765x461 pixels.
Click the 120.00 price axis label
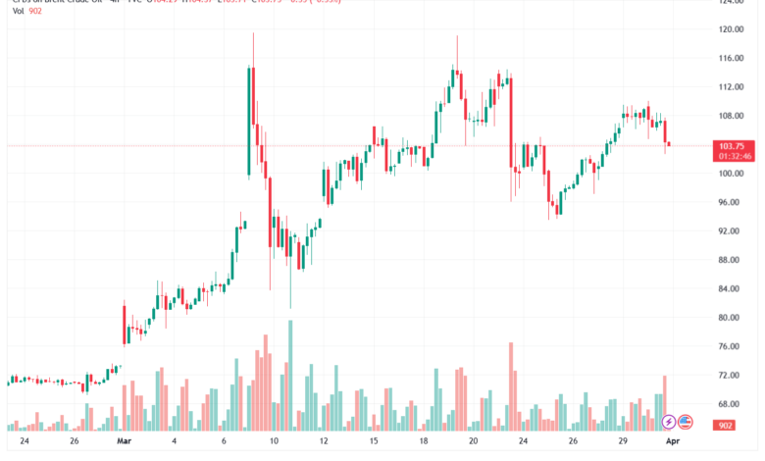coord(727,29)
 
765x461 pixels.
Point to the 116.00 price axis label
coord(727,59)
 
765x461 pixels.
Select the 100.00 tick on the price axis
coord(727,174)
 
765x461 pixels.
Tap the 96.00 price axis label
coord(727,202)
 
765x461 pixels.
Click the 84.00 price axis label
coord(727,288)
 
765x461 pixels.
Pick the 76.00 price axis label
coord(727,346)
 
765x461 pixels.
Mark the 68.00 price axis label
coord(727,403)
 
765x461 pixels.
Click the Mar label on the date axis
coord(124,442)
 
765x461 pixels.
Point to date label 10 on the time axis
coord(275,442)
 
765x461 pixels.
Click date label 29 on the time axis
coord(622,442)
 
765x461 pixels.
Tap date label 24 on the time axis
coord(24,442)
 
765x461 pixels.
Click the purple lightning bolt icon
coord(669,422)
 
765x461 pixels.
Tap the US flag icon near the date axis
coord(686,422)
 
